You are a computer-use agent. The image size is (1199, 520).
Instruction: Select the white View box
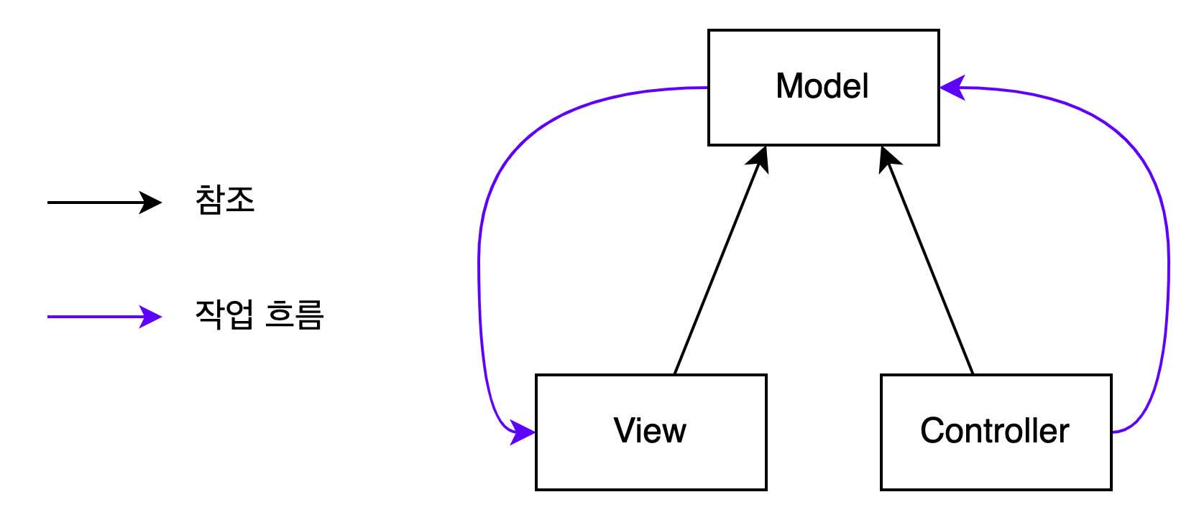651,463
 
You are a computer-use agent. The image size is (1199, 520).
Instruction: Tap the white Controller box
996,463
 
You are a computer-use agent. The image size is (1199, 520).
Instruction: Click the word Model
822,86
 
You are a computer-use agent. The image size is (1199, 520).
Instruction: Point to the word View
650,431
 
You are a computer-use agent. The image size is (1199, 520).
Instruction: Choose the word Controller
995,431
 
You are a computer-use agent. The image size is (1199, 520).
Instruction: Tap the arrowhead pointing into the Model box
952,88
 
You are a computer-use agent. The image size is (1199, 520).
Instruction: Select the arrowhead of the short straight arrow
151,317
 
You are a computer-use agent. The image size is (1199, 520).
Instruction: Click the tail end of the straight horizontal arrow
50,317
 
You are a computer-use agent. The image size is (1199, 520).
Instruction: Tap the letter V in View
624,431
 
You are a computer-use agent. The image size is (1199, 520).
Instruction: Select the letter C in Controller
932,431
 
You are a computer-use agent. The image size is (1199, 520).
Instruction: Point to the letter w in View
674,432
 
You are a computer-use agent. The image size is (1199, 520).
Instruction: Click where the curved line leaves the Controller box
1113,432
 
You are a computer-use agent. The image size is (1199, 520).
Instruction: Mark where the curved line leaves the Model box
707,88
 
